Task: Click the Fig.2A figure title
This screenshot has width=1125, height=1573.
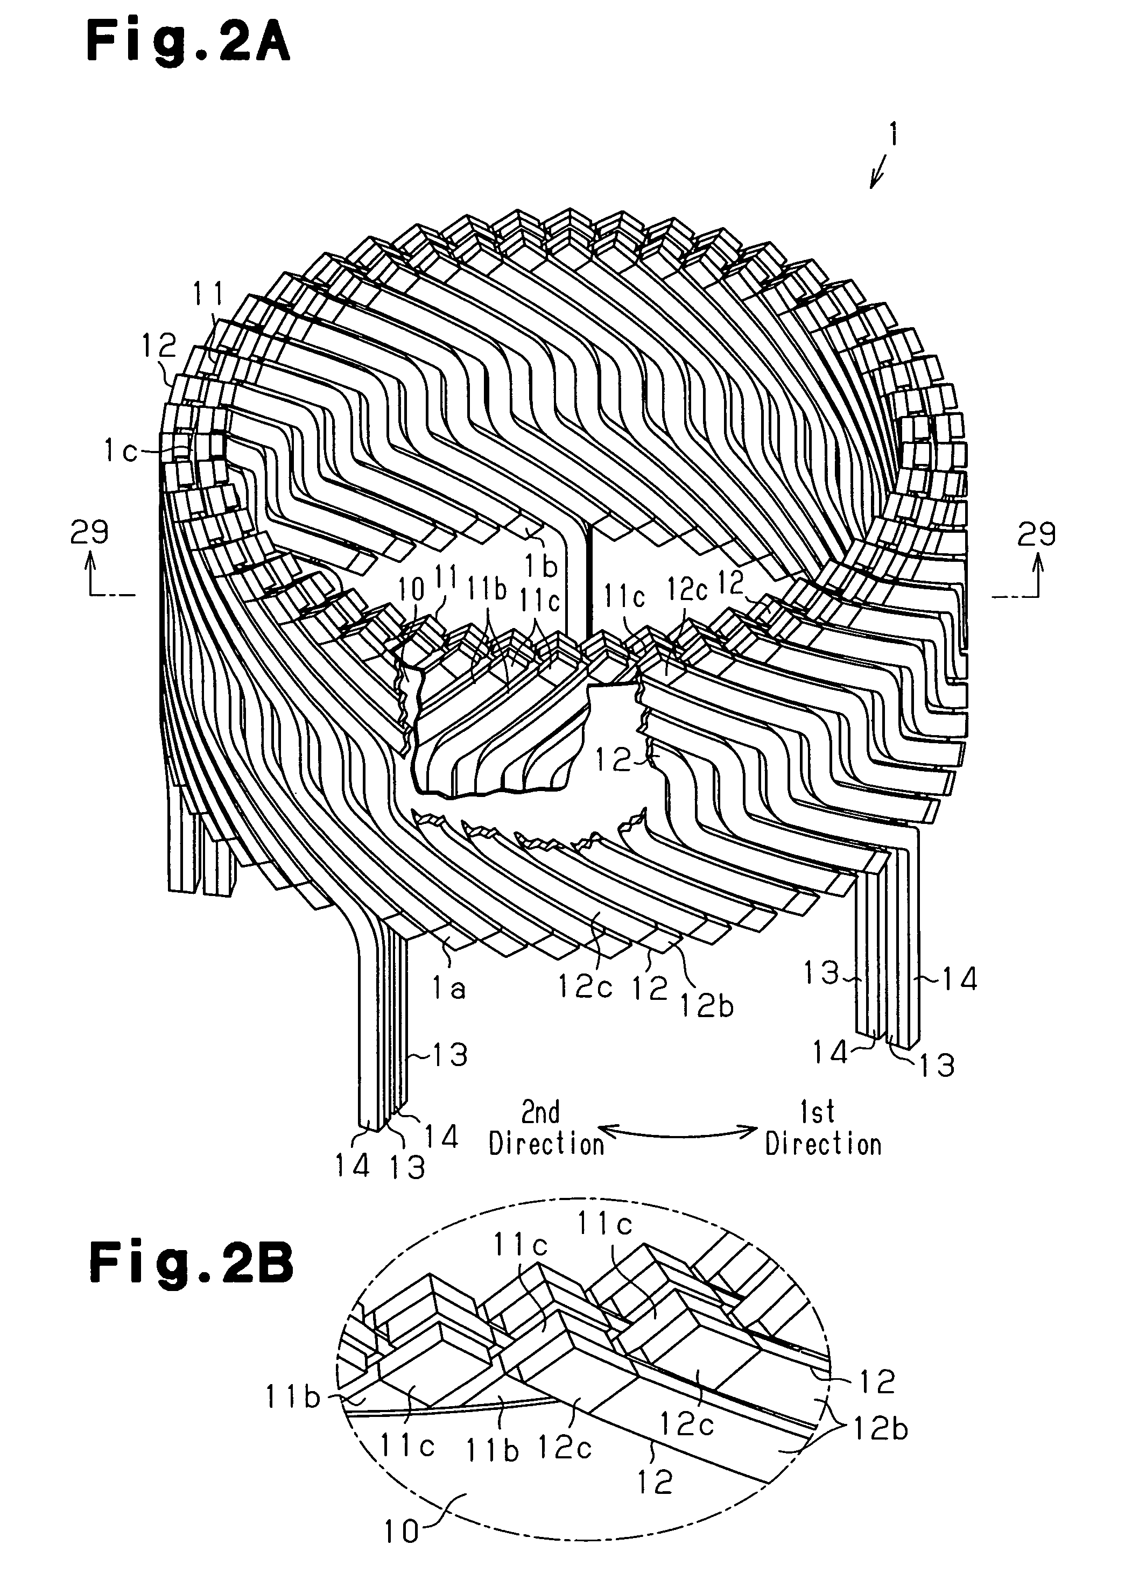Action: point(188,43)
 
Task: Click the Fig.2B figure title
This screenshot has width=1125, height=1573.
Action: point(191,1262)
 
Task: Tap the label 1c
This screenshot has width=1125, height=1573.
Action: point(121,452)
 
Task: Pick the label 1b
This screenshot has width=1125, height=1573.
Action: point(540,566)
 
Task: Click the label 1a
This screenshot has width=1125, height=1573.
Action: point(449,989)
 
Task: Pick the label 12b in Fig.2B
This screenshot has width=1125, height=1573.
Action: point(880,1428)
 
